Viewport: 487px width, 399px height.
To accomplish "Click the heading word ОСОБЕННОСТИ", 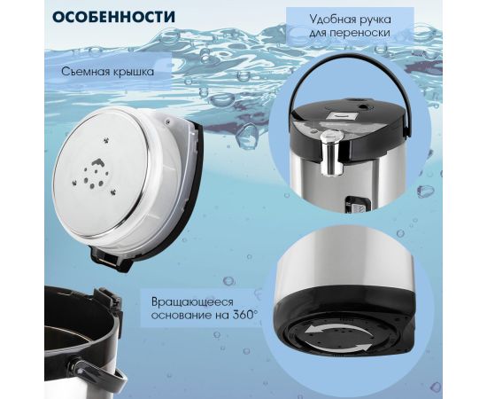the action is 113,17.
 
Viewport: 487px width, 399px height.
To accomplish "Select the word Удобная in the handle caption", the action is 330,20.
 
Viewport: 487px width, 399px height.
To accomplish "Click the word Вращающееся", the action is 192,302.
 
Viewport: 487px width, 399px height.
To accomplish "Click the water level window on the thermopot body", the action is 356,204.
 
